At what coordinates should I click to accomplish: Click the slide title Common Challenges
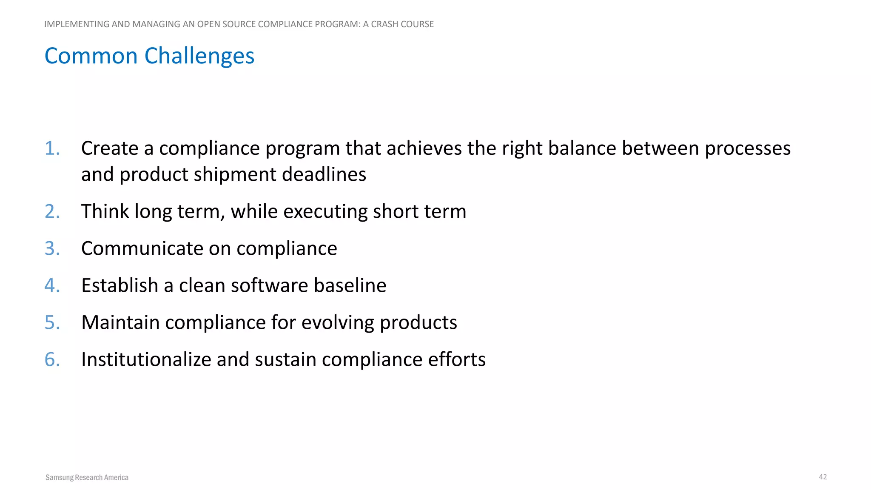click(149, 56)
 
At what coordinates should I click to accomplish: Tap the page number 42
click(823, 477)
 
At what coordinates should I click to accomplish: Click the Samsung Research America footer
click(87, 477)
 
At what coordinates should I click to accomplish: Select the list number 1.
click(52, 148)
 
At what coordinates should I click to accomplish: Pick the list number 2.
click(52, 211)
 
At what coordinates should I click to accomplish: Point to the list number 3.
click(52, 248)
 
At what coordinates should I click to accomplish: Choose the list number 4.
click(52, 285)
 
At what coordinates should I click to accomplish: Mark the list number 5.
click(52, 322)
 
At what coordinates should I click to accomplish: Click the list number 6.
click(52, 359)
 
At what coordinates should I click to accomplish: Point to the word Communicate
click(142, 248)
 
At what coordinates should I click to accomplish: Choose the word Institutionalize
click(146, 359)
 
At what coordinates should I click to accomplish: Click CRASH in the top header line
click(384, 24)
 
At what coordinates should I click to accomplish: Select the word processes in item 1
click(747, 148)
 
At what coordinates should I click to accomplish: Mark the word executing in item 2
click(325, 211)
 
